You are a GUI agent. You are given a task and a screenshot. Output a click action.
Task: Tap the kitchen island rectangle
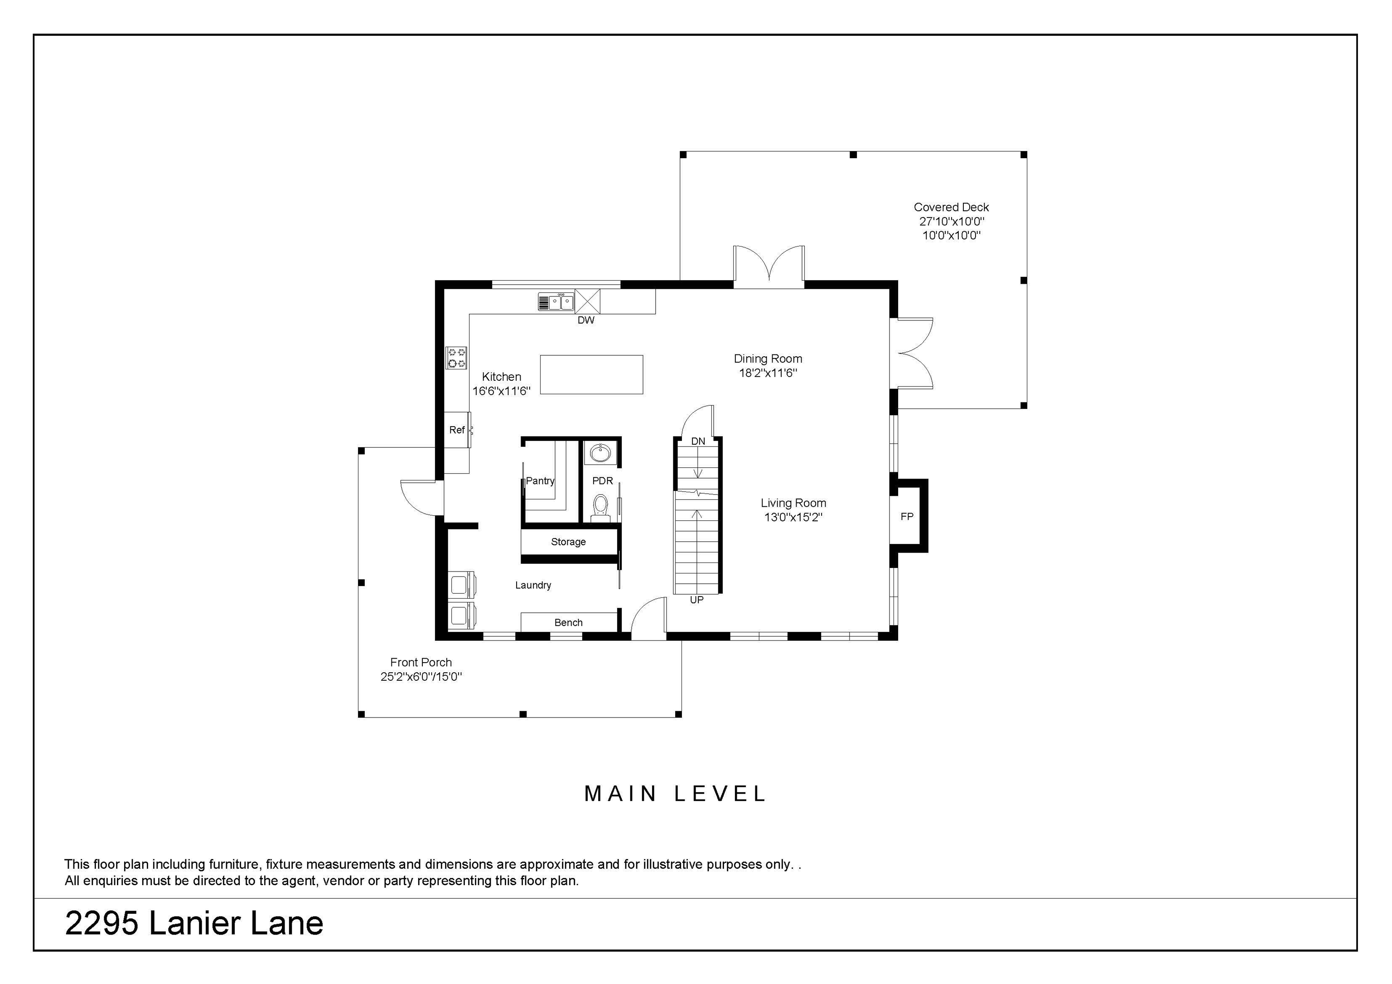point(591,375)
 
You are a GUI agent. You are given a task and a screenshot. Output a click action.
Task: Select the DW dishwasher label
point(585,320)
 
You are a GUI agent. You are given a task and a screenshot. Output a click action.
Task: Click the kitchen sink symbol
point(556,301)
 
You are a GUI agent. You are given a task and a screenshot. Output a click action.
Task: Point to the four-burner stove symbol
point(456,358)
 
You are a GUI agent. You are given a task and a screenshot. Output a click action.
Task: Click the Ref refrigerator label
point(456,430)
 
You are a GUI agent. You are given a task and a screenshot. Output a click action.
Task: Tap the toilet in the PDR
point(600,507)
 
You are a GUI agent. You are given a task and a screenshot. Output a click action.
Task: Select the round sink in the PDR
point(600,452)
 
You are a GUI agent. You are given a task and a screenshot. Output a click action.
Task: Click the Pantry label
point(540,481)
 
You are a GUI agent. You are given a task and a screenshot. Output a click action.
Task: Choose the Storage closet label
point(568,542)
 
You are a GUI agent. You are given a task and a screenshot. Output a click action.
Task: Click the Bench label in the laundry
point(568,623)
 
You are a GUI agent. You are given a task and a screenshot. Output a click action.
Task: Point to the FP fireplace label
point(906,517)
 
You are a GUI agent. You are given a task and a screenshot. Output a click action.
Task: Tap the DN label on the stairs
point(698,441)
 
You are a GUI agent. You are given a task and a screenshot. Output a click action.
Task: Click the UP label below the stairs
point(696,600)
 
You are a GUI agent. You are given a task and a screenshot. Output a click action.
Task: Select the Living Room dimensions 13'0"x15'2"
point(793,517)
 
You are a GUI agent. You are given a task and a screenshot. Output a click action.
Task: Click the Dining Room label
point(768,359)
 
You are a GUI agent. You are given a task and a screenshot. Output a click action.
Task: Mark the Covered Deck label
point(951,207)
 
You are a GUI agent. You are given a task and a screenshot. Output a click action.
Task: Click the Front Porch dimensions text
point(421,677)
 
